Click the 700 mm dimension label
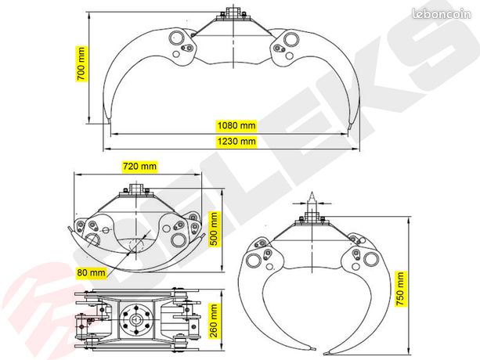(x=81, y=63)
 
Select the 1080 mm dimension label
(x=236, y=125)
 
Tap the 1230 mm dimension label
(x=236, y=142)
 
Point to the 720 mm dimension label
(x=139, y=166)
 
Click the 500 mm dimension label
(x=215, y=229)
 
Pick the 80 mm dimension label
(x=91, y=272)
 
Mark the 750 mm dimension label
(x=400, y=289)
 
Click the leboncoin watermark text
(x=442, y=14)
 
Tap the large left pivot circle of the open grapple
(x=177, y=38)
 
